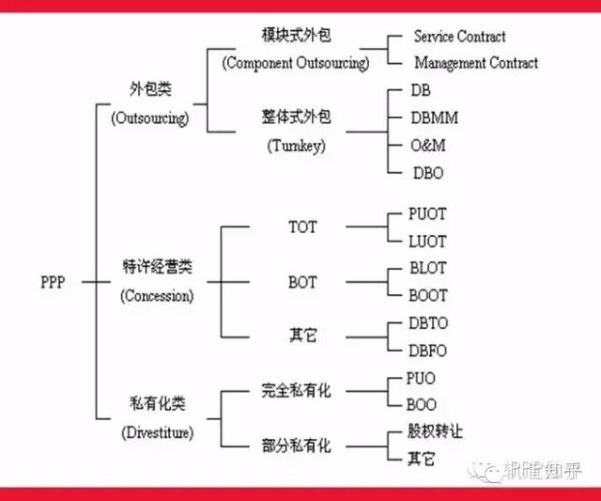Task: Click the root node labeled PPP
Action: [53, 281]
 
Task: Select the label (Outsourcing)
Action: [149, 118]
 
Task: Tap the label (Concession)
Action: [157, 295]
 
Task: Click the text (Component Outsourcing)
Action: [296, 63]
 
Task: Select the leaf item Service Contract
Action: [459, 37]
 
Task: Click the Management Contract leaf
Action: [476, 63]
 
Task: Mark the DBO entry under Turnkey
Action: [428, 173]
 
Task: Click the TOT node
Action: [302, 227]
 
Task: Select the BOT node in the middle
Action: [302, 281]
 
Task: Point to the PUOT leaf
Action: [428, 214]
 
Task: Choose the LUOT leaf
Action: [428, 242]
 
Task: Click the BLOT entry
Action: [428, 268]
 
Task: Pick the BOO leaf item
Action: [423, 405]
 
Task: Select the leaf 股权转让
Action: [435, 431]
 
